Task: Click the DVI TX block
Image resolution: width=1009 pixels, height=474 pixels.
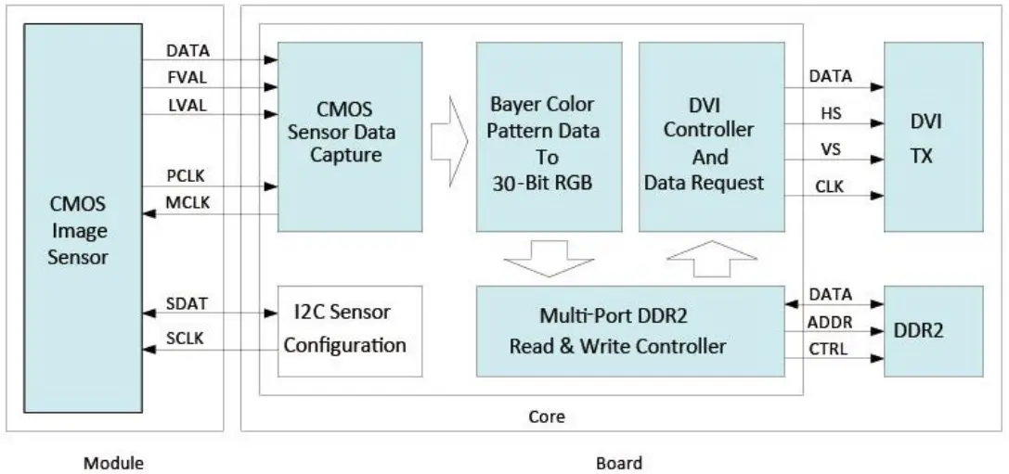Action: click(932, 136)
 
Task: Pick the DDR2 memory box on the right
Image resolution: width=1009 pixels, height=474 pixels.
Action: click(932, 331)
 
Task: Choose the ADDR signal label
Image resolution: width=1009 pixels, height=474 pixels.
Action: click(830, 323)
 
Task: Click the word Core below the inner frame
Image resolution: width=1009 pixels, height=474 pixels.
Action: click(546, 416)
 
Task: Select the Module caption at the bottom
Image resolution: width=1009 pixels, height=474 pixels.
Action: click(113, 462)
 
